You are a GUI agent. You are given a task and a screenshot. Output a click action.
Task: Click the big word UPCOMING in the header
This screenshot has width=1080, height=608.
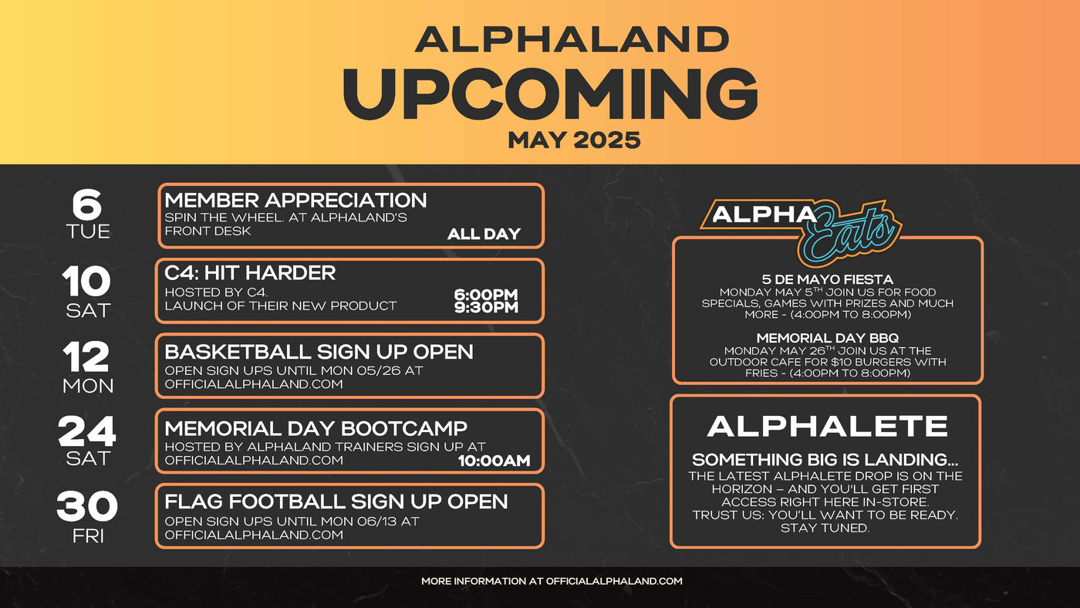(x=550, y=93)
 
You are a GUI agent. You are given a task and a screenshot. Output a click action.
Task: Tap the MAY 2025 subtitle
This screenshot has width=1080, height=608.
(x=574, y=140)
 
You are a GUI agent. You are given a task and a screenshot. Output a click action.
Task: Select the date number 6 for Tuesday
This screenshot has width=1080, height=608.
(x=86, y=204)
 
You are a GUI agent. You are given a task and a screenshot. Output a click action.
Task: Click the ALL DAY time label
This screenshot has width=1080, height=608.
(x=484, y=234)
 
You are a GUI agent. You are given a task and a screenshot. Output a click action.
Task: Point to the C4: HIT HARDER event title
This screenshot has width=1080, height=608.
(x=250, y=273)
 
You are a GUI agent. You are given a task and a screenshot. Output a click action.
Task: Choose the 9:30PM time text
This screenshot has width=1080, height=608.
(x=486, y=308)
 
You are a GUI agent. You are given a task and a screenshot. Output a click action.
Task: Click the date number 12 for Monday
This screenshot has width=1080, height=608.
(x=87, y=356)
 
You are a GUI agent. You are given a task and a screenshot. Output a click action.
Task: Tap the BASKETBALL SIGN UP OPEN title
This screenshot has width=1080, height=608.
(x=319, y=352)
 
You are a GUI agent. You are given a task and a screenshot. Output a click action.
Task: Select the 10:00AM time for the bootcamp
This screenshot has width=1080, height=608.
(x=494, y=461)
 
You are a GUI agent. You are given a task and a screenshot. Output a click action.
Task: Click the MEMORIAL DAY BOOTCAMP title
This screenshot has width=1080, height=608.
(x=316, y=428)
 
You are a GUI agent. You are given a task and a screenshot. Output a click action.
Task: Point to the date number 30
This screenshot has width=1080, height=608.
(x=87, y=507)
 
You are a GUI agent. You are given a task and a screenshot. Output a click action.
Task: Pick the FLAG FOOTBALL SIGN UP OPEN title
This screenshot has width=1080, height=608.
(x=336, y=502)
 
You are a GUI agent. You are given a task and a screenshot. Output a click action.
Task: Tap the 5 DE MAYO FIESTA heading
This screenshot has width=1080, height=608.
(x=827, y=279)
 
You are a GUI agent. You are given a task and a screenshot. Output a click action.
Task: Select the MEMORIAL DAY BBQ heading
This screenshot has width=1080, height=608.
(x=827, y=338)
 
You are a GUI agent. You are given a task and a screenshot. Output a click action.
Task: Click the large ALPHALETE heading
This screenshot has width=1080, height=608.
(x=827, y=427)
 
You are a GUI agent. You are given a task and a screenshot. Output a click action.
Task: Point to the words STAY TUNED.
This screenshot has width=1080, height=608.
(x=825, y=529)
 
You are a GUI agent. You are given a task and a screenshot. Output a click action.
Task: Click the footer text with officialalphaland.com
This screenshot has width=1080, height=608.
(x=552, y=581)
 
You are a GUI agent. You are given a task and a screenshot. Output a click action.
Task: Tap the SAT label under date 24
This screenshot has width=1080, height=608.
(x=88, y=458)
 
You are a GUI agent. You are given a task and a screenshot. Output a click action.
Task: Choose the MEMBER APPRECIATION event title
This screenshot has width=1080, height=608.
(x=295, y=201)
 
